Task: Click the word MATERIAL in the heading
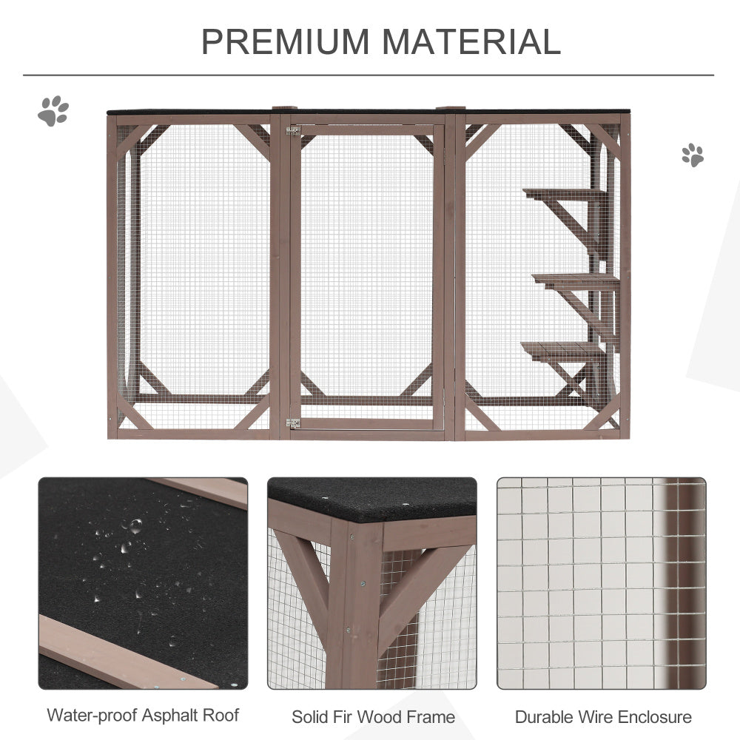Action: click(471, 41)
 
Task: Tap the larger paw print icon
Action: click(53, 111)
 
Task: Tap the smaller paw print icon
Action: click(693, 155)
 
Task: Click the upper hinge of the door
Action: click(293, 131)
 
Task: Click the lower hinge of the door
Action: click(293, 423)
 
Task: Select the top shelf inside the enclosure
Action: click(564, 192)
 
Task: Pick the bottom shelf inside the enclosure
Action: click(562, 350)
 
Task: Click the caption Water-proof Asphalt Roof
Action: click(143, 716)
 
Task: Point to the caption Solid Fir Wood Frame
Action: click(373, 717)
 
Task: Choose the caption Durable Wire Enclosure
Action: click(603, 717)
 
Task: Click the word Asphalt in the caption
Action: click(172, 716)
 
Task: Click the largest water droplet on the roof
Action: click(135, 525)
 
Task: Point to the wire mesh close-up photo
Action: click(601, 583)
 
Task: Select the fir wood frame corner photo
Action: click(372, 583)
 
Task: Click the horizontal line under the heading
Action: click(368, 75)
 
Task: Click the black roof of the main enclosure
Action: click(368, 112)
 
